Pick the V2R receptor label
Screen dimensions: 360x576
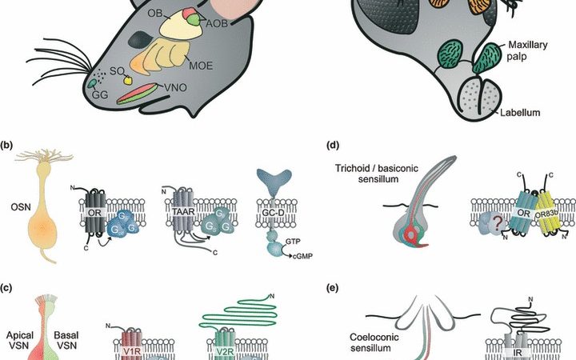pyautogui.click(x=235, y=349)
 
